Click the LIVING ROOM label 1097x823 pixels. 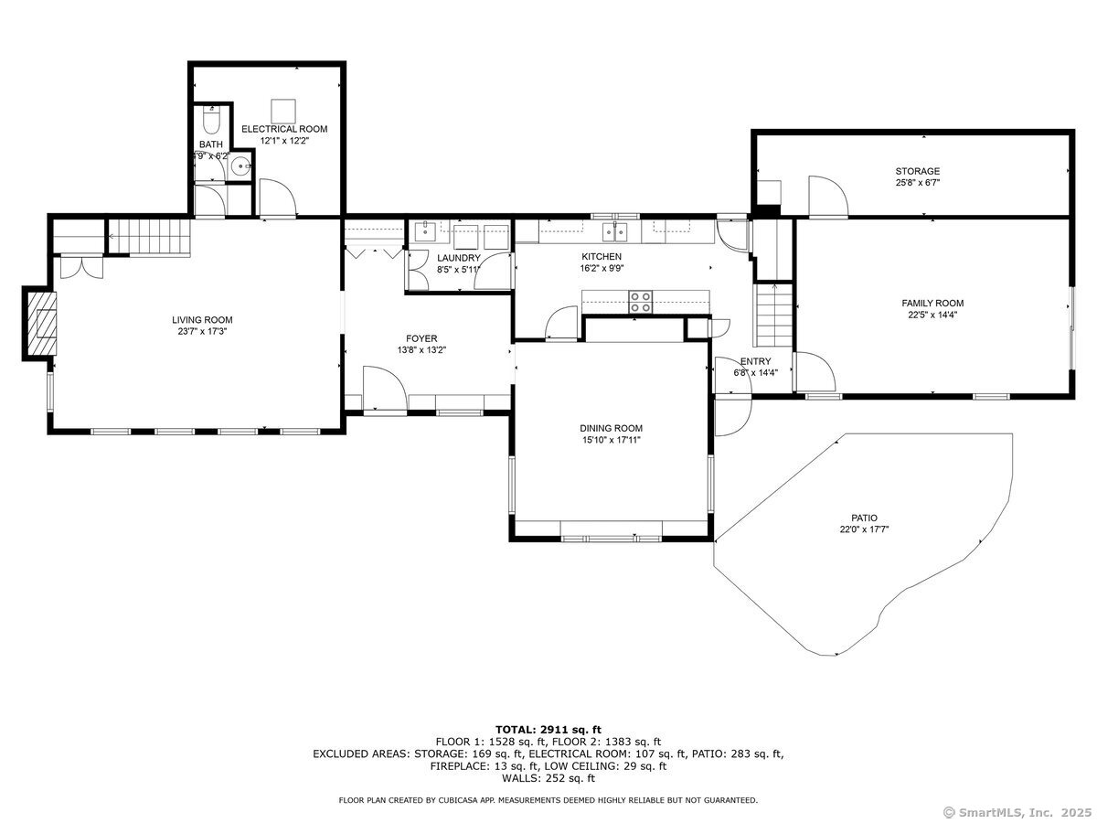202,320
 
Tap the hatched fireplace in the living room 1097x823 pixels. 41,324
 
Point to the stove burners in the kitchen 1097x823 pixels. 640,302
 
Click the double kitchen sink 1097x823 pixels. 614,231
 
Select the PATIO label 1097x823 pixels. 864,518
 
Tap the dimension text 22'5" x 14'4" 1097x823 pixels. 932,315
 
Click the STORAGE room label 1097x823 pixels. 918,171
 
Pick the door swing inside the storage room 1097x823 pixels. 828,197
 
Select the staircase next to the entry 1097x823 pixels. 773,315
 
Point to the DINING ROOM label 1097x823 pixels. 611,428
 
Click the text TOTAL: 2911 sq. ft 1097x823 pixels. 548,730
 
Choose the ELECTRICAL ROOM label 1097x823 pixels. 284,129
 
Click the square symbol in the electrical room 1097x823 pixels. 283,111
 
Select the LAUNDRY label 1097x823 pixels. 459,258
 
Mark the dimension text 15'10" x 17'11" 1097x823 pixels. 611,440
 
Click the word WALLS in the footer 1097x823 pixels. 519,778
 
